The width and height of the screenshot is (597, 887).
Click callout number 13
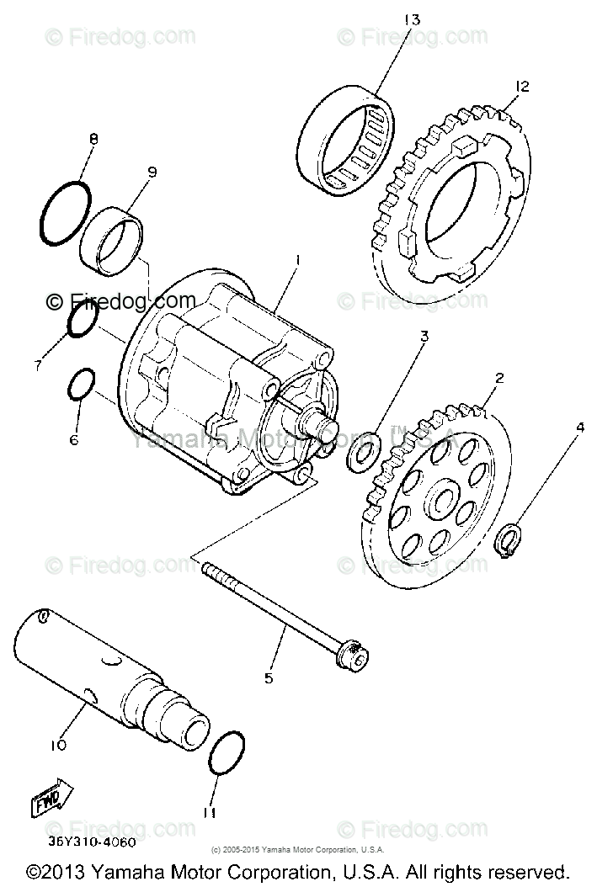click(412, 19)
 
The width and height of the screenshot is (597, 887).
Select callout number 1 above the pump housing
click(297, 262)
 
